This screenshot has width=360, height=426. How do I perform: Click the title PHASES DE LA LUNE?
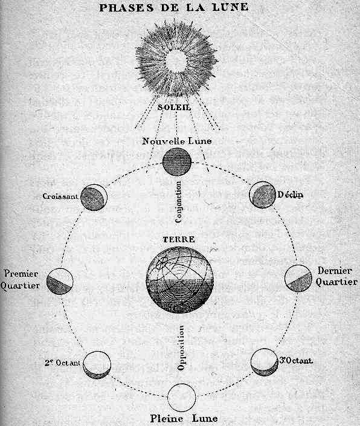174,7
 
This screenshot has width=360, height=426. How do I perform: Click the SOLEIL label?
175,108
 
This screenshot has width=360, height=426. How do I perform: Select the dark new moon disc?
177,162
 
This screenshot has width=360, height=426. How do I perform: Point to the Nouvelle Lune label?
177,141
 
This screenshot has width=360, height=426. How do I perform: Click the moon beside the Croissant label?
94,198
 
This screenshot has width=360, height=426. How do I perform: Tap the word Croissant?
60,196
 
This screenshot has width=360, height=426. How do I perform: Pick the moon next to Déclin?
263,195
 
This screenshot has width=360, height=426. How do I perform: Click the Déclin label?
290,195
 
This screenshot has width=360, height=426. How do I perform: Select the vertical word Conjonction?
178,202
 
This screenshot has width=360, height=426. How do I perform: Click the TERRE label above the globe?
179,239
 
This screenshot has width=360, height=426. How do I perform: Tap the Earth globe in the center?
180,280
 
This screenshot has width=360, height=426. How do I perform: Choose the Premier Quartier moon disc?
60,282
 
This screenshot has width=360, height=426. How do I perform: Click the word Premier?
21,274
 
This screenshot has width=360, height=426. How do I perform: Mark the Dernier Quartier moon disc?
298,278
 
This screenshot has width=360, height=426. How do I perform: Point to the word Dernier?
335,271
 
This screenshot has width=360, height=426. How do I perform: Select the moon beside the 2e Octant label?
97,365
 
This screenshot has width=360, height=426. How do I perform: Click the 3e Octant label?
296,361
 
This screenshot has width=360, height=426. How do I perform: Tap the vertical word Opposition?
181,348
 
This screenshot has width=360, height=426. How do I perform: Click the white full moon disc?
182,398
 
